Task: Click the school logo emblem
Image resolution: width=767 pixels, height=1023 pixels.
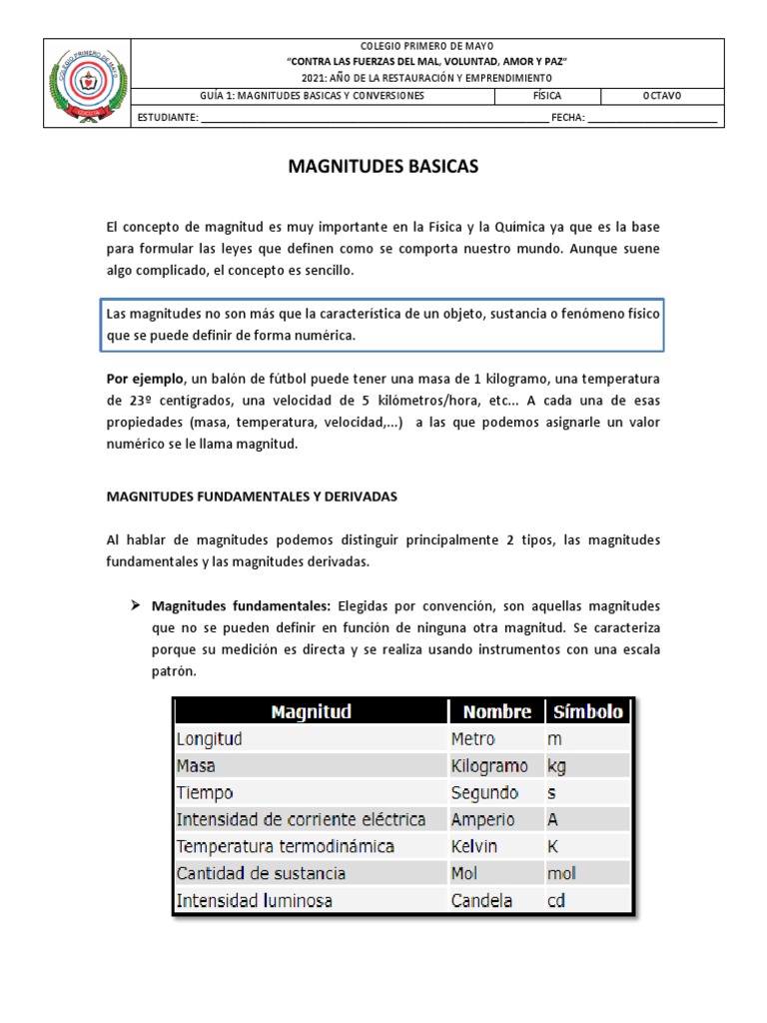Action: click(89, 83)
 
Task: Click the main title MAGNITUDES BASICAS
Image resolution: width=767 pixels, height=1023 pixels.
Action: click(383, 167)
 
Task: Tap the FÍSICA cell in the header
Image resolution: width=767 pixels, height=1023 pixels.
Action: click(548, 96)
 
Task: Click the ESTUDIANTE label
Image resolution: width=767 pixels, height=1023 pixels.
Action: click(169, 117)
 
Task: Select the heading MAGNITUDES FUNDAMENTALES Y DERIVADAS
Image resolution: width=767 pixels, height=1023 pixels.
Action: click(252, 496)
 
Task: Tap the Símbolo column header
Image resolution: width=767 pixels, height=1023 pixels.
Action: click(587, 711)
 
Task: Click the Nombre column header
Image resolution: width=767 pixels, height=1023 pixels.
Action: click(496, 711)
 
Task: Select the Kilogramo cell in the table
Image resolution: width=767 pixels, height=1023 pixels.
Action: click(488, 766)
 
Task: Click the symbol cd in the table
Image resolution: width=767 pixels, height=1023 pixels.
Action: click(557, 900)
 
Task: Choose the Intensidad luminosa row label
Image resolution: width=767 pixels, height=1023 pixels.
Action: click(254, 900)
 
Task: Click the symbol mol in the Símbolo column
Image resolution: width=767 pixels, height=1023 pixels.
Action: click(561, 873)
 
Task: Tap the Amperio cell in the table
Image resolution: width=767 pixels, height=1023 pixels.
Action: click(482, 819)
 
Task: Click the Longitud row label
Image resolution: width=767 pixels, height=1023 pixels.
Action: click(209, 739)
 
